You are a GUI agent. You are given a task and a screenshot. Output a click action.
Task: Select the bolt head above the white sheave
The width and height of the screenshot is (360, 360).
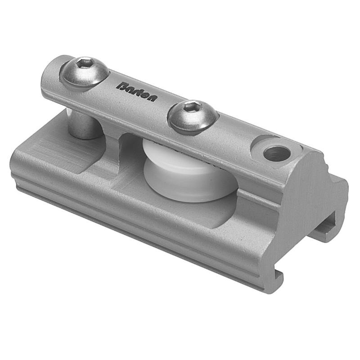pos(193,115)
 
